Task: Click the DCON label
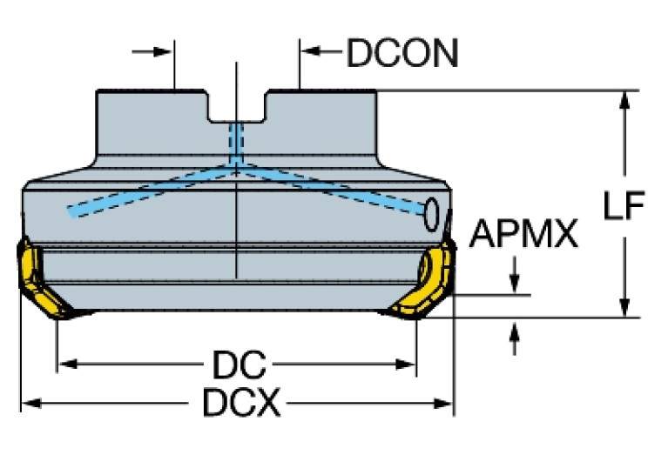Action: [x=402, y=54]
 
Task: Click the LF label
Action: [x=624, y=206]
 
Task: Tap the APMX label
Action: [x=524, y=234]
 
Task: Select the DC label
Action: [x=236, y=363]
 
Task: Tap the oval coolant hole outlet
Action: [x=432, y=214]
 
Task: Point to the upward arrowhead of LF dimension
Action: [x=624, y=99]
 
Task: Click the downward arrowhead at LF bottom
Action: [x=624, y=309]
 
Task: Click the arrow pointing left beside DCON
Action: [x=310, y=53]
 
